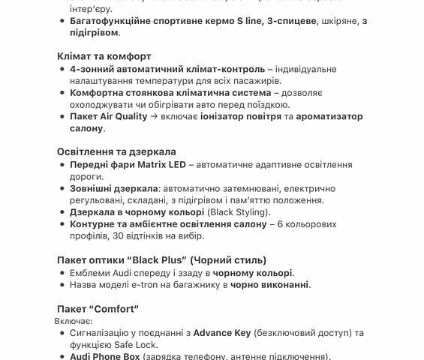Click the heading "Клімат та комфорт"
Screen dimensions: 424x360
[104, 56]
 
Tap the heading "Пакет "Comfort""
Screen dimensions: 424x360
[98, 309]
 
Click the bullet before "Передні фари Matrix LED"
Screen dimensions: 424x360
[62, 164]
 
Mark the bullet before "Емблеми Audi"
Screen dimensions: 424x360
[62, 273]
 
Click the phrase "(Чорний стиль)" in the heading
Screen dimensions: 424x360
[226, 260]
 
